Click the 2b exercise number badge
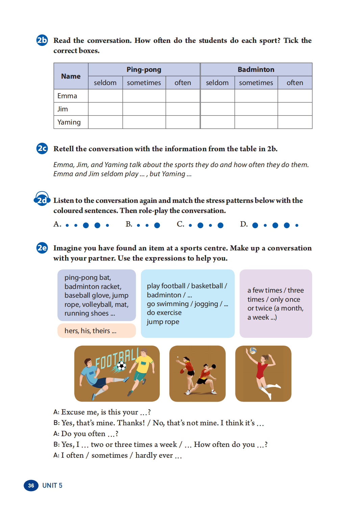tap(42, 41)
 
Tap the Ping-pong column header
tap(144, 70)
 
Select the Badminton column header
tap(256, 70)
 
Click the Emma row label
tap(68, 96)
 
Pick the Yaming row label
tap(69, 122)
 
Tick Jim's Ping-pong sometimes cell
tap(144, 109)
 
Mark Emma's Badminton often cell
tap(294, 96)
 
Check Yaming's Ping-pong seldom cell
tap(105, 122)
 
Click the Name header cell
tap(71, 76)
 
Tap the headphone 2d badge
tap(42, 200)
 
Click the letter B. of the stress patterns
tap(129, 224)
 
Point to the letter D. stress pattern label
tap(244, 224)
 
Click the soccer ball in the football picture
tap(121, 366)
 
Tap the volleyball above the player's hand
tap(253, 351)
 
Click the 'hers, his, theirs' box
tap(97, 331)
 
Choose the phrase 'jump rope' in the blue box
tap(163, 322)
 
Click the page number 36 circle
tap(31, 485)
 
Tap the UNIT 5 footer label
tap(52, 485)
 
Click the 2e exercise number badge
tap(42, 248)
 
